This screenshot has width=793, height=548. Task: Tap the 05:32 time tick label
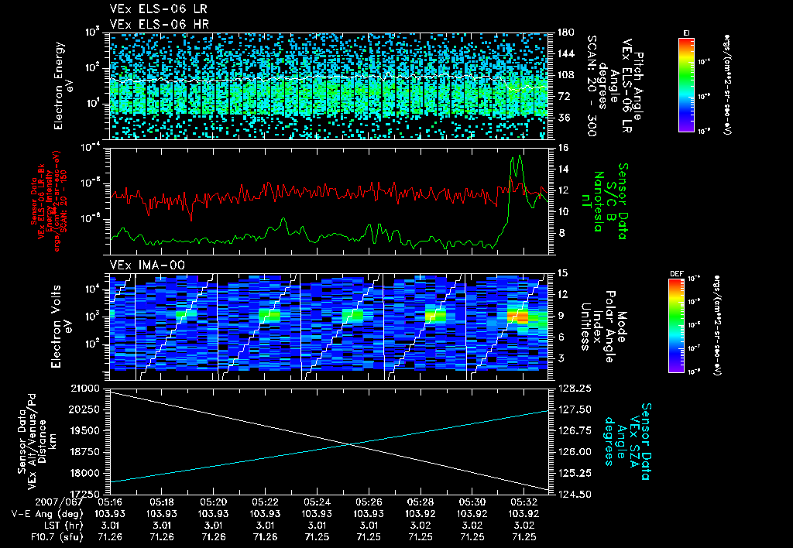pyautogui.click(x=524, y=502)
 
